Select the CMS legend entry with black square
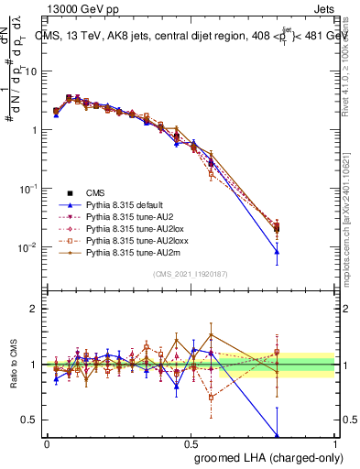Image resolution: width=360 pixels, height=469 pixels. point(96,193)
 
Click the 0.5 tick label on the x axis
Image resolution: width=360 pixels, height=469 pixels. point(191,443)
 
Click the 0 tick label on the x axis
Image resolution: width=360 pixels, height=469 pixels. point(47,443)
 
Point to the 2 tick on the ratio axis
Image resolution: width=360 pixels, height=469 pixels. point(35,309)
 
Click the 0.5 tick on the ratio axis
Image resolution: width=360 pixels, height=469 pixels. point(31,420)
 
